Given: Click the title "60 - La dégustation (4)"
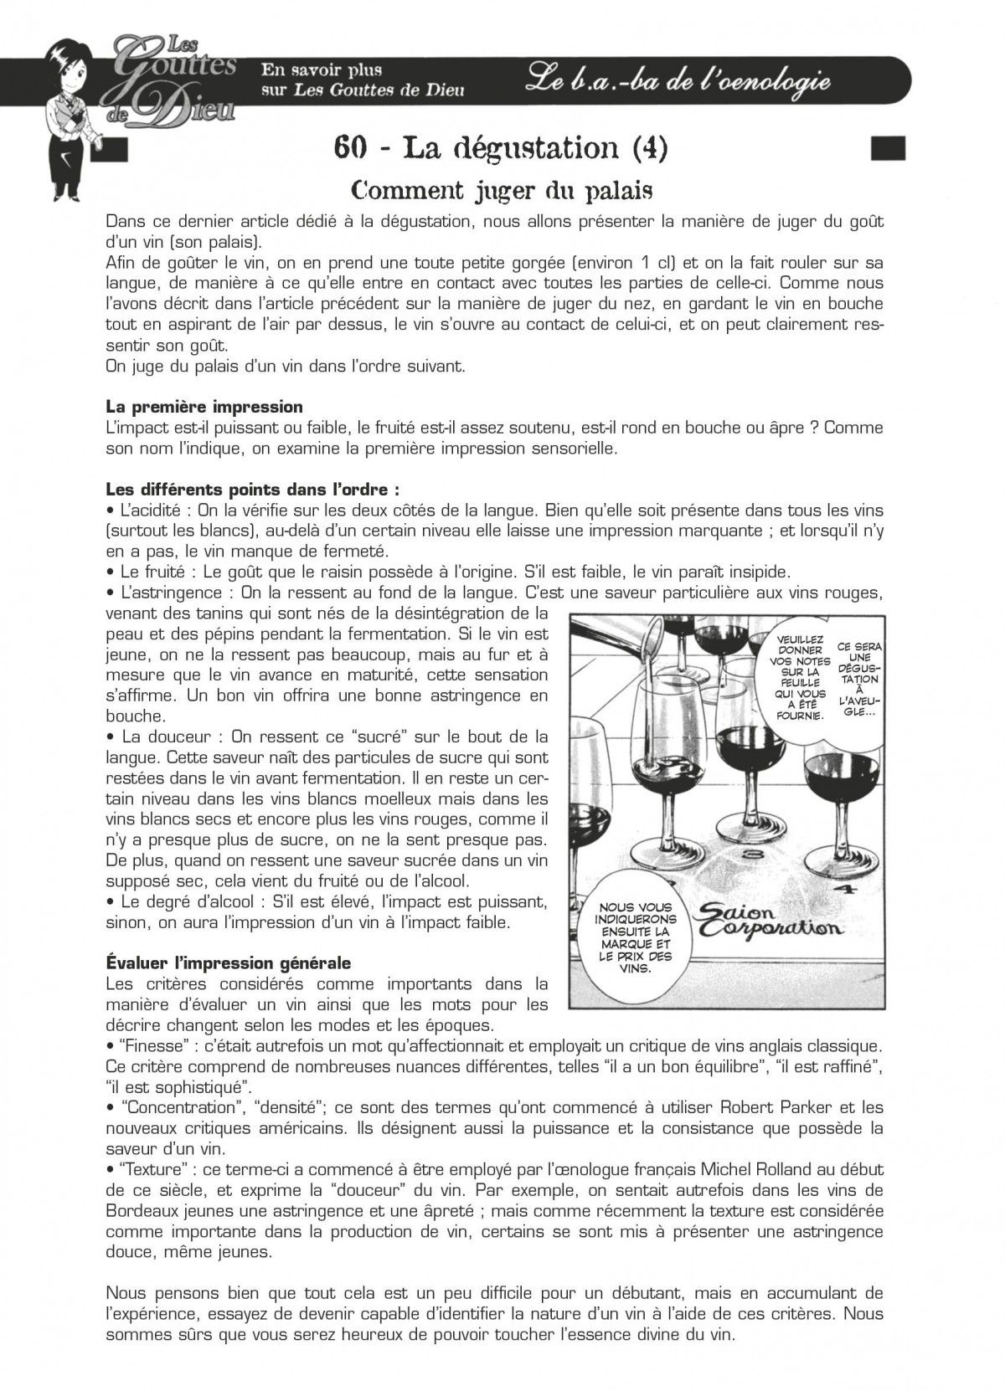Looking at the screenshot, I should click(501, 147).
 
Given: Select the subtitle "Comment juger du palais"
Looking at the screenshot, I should click(502, 191).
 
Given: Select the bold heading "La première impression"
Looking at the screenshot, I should click(204, 407).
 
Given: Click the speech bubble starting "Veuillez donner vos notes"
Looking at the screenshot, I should click(800, 677).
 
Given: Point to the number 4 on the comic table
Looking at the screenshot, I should click(844, 890).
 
